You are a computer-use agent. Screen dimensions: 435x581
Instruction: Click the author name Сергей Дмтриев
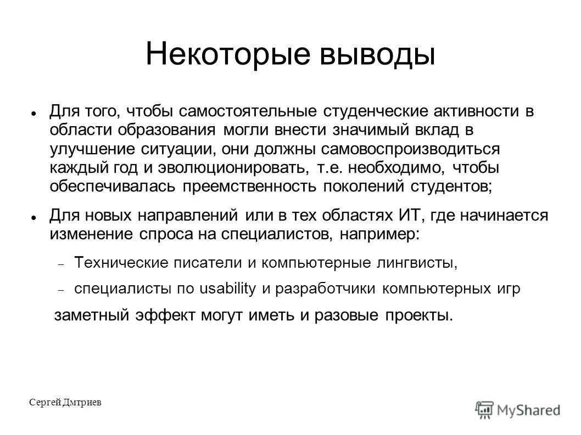65,403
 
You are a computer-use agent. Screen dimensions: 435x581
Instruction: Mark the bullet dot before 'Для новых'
33,217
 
